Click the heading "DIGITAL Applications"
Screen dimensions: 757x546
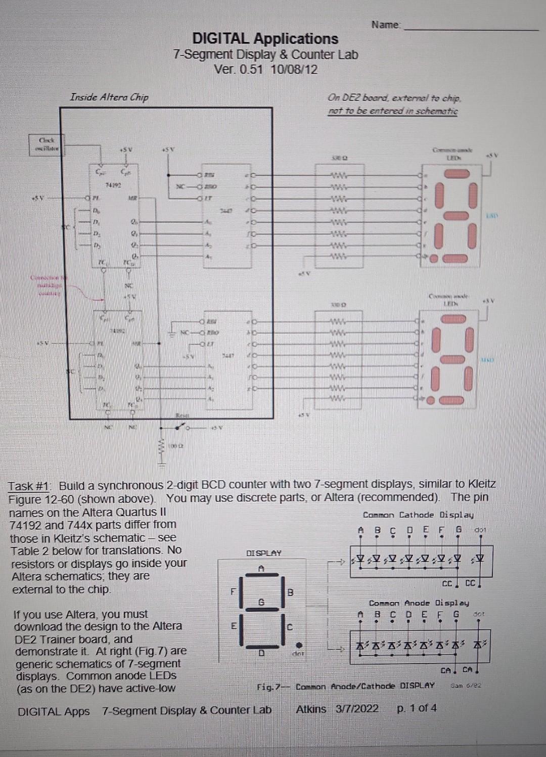265,38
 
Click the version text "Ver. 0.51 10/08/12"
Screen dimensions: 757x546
266,69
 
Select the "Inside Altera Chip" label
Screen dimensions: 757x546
109,97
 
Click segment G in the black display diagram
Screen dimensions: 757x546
261,602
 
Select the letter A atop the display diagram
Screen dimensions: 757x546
261,568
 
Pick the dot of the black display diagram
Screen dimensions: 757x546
299,645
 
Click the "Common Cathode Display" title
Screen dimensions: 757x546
418,515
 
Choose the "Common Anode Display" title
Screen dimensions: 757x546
419,603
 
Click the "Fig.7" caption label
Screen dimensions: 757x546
268,687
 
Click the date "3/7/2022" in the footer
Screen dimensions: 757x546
357,709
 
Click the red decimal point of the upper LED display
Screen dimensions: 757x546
433,259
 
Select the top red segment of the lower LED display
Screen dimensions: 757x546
453,320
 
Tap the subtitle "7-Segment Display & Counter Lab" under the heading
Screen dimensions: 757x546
265,55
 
